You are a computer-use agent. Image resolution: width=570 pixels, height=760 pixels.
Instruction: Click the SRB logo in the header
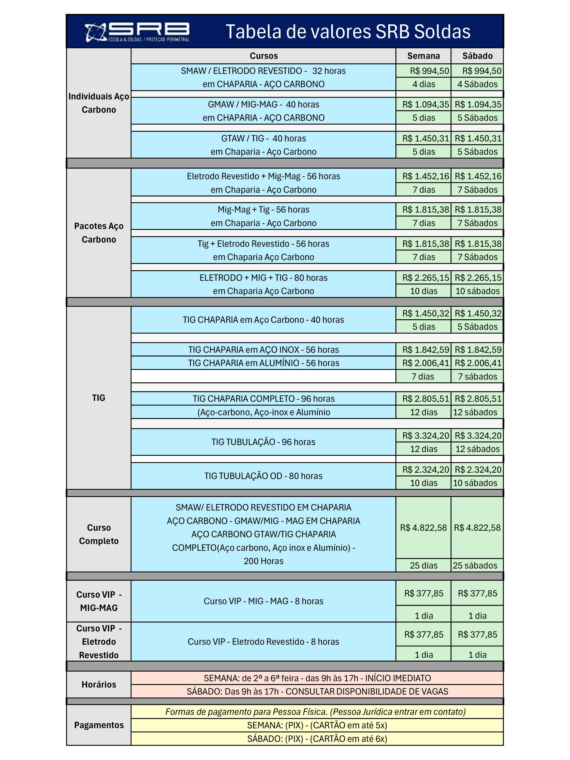click(137, 32)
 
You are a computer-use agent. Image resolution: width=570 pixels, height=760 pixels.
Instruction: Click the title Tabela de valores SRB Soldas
click(348, 32)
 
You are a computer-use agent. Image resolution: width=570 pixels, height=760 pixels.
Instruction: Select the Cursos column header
click(263, 56)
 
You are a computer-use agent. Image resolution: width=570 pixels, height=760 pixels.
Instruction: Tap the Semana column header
click(423, 56)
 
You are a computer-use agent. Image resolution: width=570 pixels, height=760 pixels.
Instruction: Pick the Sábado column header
click(477, 56)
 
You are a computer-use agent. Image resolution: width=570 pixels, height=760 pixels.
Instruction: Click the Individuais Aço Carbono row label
click(99, 103)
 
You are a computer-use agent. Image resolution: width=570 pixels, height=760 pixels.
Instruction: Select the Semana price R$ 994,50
click(429, 71)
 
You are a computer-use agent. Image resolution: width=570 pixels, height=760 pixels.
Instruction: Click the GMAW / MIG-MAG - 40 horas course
click(263, 104)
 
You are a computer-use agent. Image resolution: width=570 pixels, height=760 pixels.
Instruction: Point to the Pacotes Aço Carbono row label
click(99, 233)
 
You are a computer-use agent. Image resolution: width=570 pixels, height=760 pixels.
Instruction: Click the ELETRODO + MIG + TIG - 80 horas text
click(263, 278)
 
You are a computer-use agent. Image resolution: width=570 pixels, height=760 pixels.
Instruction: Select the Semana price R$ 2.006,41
click(426, 363)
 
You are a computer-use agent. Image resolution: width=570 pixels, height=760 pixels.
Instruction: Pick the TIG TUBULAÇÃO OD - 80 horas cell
click(263, 476)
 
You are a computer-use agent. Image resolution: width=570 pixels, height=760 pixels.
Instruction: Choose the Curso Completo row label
click(99, 534)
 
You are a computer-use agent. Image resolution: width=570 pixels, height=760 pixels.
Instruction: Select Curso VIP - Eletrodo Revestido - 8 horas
click(263, 642)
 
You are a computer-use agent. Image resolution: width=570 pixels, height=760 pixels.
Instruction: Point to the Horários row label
click(99, 684)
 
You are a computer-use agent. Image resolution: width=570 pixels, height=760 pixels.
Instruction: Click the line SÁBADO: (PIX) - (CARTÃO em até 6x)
click(317, 739)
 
